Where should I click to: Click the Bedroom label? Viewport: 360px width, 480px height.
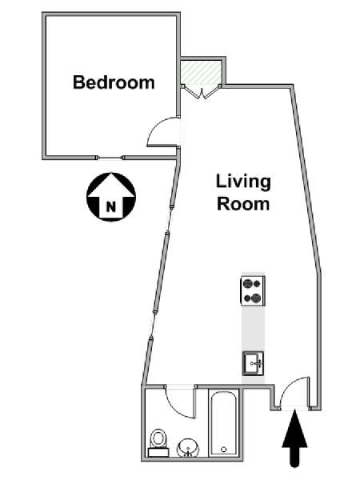114,82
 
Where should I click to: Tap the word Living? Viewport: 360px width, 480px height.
243,182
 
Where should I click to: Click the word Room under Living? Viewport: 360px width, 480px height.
243,204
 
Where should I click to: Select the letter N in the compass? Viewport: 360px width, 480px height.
111,206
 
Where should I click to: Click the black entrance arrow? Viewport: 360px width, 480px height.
294,438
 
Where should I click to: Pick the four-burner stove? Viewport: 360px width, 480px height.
253,290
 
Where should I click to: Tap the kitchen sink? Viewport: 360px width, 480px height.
253,364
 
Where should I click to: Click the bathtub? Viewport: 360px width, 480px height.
223,423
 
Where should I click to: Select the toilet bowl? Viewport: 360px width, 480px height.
158,438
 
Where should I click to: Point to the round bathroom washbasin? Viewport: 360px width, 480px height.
188,447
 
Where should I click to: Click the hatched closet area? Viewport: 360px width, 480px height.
201,72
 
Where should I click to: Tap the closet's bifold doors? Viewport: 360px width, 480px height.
201,92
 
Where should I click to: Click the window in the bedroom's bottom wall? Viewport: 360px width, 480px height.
110,158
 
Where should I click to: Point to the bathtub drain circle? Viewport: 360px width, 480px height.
224,450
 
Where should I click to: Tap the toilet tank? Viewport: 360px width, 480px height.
158,452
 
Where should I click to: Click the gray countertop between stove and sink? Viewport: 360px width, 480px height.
253,328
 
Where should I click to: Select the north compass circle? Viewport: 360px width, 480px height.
111,197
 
